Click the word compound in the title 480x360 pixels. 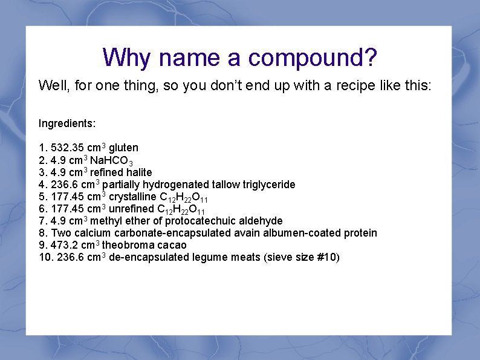pos(313,58)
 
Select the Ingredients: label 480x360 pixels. pos(67,123)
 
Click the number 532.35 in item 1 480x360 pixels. pos(67,148)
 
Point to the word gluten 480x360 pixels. pos(123,148)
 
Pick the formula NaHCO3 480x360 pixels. pos(111,160)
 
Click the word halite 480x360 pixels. pos(139,172)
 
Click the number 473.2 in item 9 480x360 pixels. pos(64,245)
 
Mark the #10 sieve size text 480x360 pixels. pos(325,257)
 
